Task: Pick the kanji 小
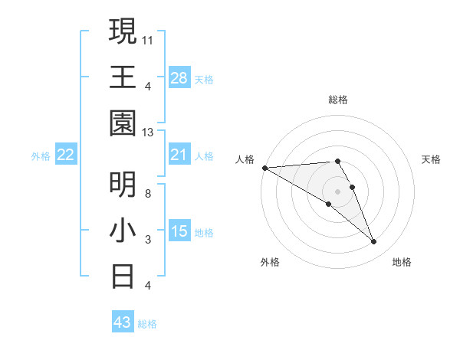(123, 230)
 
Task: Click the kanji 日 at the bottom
(123, 276)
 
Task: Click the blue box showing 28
(179, 77)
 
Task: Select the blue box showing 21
(179, 155)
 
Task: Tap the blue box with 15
(179, 231)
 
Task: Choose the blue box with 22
(66, 155)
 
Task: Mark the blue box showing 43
(122, 322)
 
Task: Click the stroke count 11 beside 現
(148, 39)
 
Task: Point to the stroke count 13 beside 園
(148, 132)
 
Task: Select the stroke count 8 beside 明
(148, 193)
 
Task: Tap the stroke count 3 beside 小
(148, 240)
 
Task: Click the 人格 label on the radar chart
(245, 159)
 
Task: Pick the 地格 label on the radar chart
(402, 262)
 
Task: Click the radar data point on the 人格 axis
(264, 168)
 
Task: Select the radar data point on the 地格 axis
(374, 242)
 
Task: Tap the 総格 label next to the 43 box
(147, 324)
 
